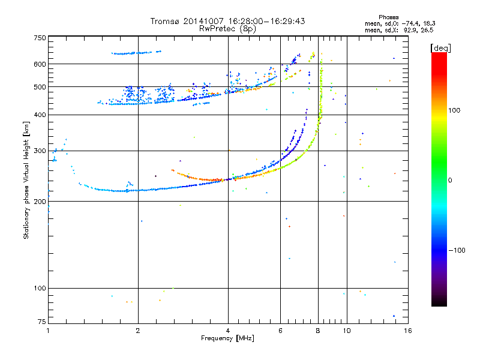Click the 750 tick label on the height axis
click(x=39, y=37)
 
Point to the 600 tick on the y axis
click(x=39, y=64)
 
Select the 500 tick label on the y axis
click(x=39, y=87)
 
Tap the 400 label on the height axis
click(x=39, y=115)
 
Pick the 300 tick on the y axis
click(x=39, y=151)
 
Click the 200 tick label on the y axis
click(x=39, y=202)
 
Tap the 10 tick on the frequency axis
click(x=346, y=331)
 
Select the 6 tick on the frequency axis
click(x=280, y=331)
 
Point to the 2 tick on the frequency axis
click(x=138, y=331)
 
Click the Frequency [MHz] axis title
click(x=227, y=338)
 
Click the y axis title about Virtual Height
click(x=26, y=180)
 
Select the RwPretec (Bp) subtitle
click(x=227, y=28)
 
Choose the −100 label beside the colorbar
click(x=456, y=250)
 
